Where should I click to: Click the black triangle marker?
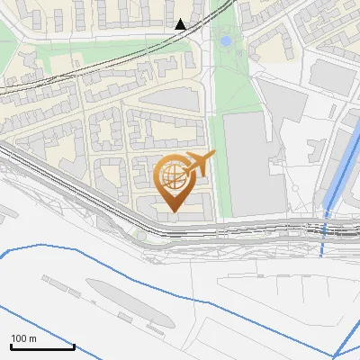click(x=181, y=24)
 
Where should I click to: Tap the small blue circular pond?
click(x=225, y=41)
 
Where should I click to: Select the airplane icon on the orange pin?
click(x=199, y=163)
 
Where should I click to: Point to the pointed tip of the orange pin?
click(x=171, y=211)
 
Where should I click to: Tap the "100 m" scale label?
click(x=23, y=338)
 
